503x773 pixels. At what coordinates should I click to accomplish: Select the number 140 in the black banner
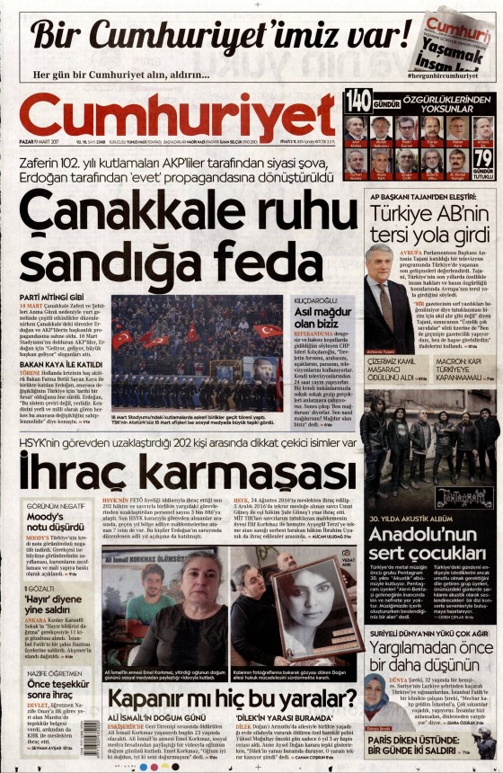pyautogui.click(x=357, y=98)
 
